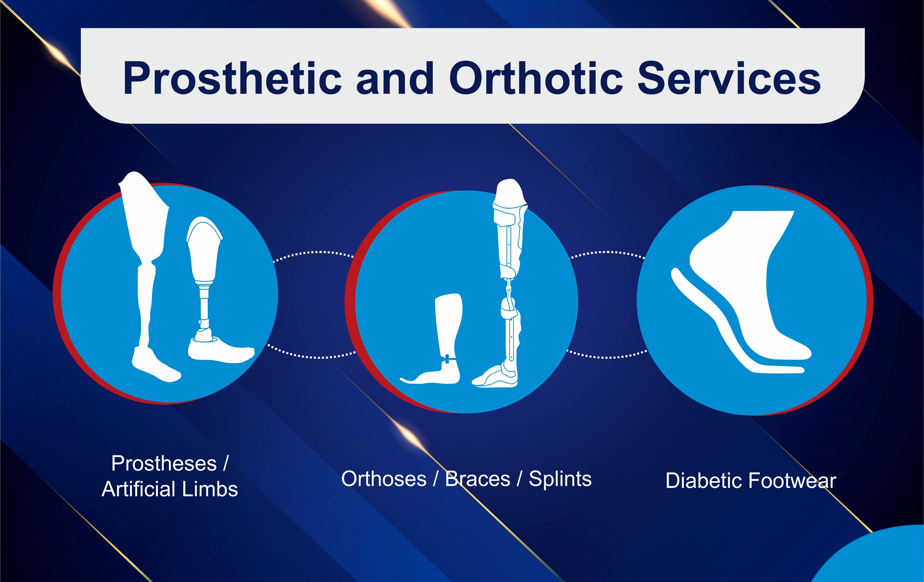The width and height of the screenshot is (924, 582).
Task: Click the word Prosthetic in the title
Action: pyautogui.click(x=232, y=78)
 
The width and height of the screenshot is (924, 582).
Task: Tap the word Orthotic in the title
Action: pyautogui.click(x=536, y=78)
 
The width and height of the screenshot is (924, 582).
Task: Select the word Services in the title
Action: pyautogui.click(x=729, y=78)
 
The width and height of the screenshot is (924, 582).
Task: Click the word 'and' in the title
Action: pyautogui.click(x=395, y=78)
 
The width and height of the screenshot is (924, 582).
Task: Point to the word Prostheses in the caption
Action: pyautogui.click(x=164, y=463)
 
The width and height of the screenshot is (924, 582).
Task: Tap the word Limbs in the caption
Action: pyautogui.click(x=210, y=489)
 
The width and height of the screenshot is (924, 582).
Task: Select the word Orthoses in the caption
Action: pyautogui.click(x=384, y=479)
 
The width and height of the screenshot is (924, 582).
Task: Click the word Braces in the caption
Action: pyautogui.click(x=478, y=479)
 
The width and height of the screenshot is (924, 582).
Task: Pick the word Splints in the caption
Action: pyautogui.click(x=560, y=479)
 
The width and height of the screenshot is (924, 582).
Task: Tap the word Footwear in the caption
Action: pyautogui.click(x=792, y=481)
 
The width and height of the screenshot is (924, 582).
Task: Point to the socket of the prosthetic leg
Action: pyautogui.click(x=204, y=250)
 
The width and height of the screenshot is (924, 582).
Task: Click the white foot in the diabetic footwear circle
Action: pyautogui.click(x=752, y=284)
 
